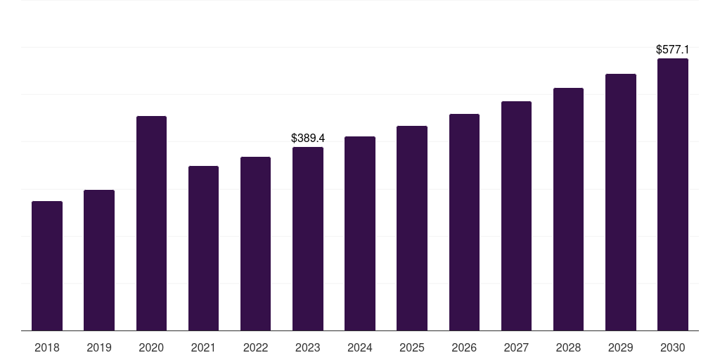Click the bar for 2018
click(x=47, y=266)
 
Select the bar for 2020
click(x=152, y=223)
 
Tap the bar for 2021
click(x=203, y=248)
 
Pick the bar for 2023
click(x=308, y=239)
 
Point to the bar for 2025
click(x=412, y=229)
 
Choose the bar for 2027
click(x=516, y=216)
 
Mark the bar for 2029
click(x=621, y=202)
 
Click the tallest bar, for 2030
click(x=673, y=195)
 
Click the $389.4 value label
click(x=308, y=139)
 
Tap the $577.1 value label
click(x=673, y=50)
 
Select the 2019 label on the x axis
click(x=99, y=348)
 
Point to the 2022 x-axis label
click(x=255, y=348)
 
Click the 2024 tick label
click(x=360, y=348)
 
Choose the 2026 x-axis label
click(x=464, y=348)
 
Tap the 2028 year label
click(x=568, y=348)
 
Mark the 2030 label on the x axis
click(x=673, y=348)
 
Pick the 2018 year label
click(x=47, y=348)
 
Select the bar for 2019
click(x=99, y=260)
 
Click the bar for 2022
click(x=255, y=244)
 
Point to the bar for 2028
click(x=568, y=210)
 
